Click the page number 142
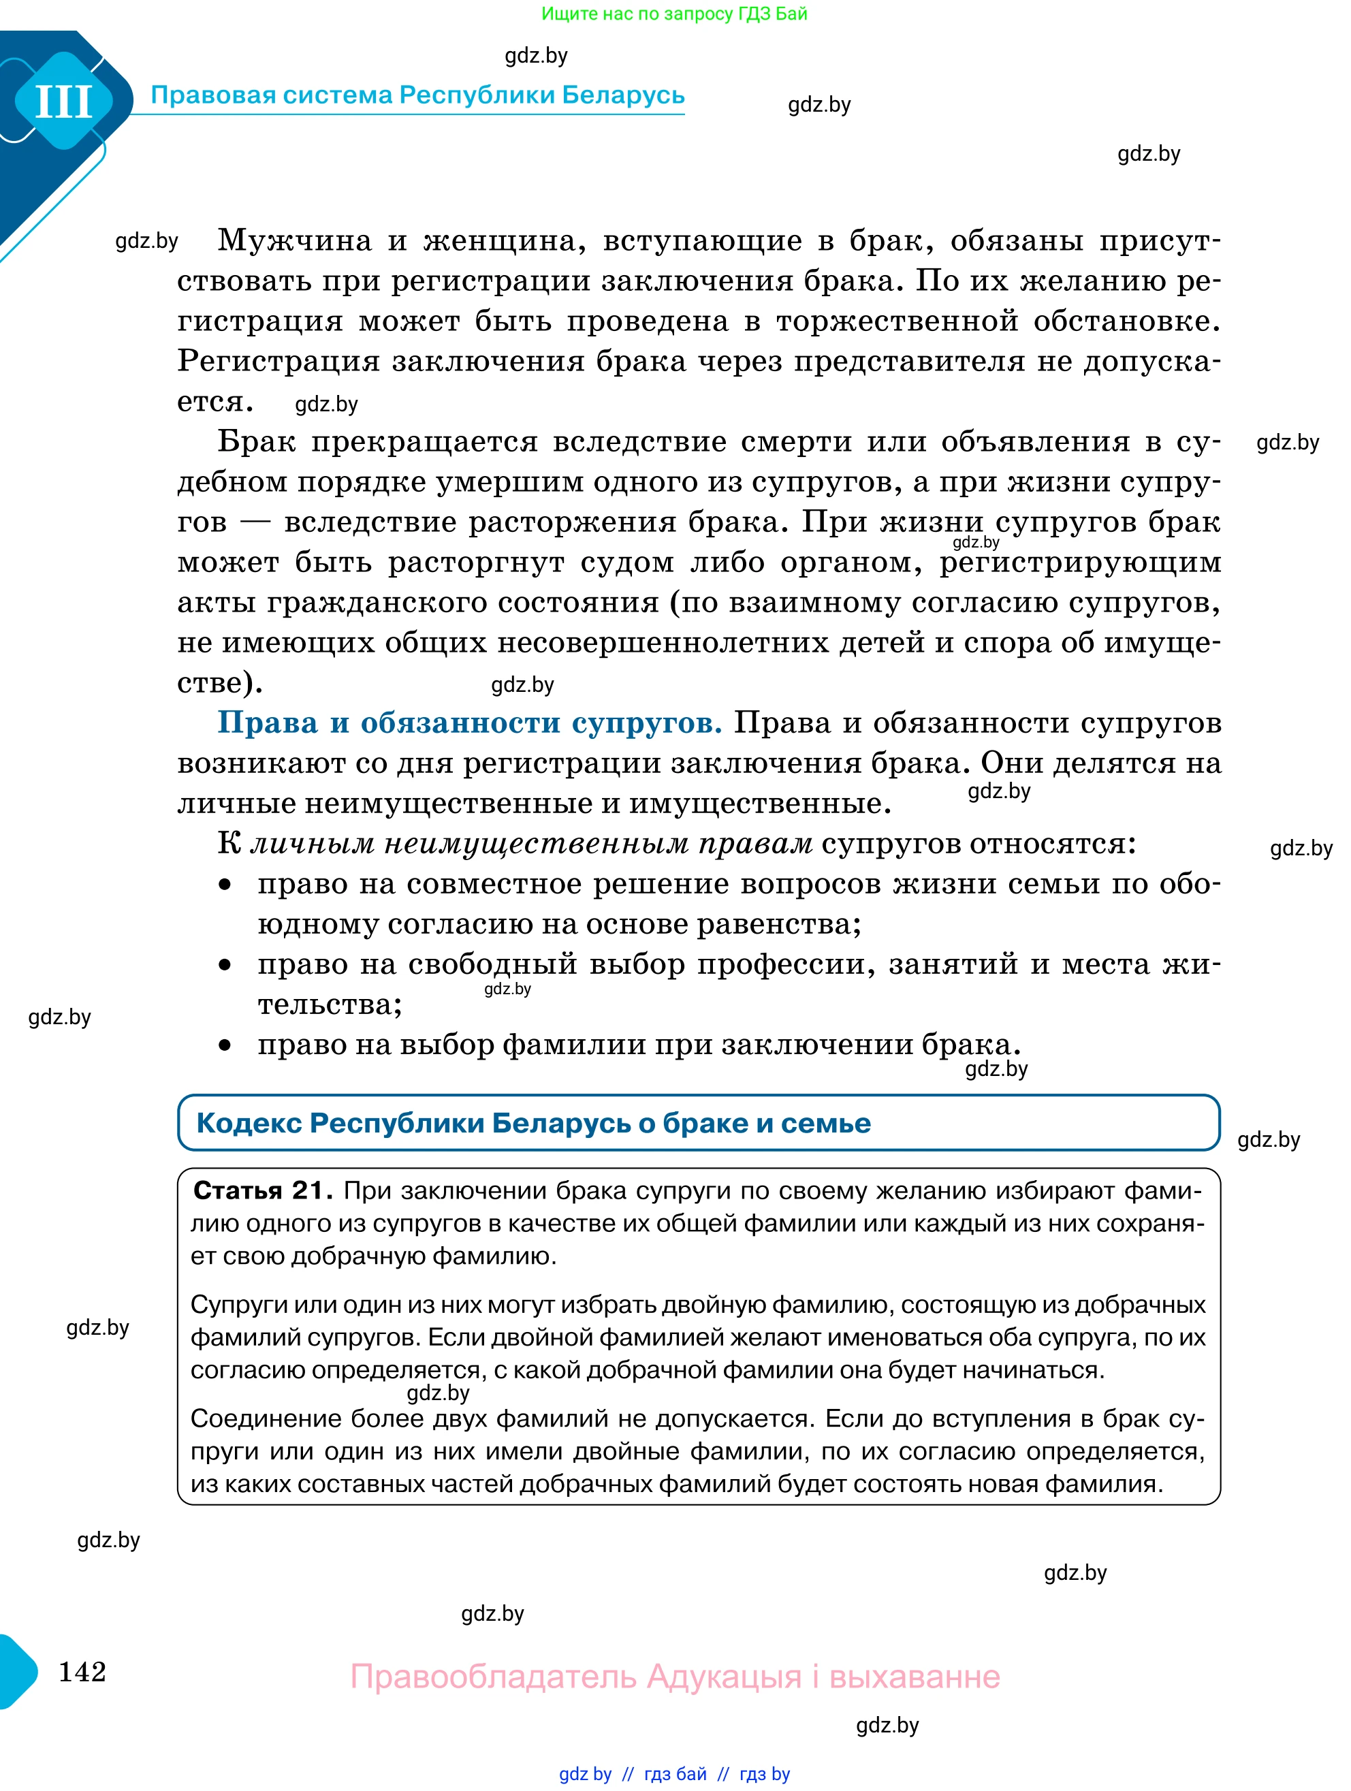pos(82,1671)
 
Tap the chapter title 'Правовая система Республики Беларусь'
pos(417,95)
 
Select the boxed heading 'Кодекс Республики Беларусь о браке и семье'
pos(533,1123)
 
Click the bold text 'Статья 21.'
pos(262,1191)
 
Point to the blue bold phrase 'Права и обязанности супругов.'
pos(469,723)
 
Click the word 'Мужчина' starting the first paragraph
pos(295,240)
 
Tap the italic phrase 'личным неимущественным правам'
pos(531,844)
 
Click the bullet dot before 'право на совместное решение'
pos(225,885)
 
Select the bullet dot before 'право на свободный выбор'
pos(225,965)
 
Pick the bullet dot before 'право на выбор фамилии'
pos(225,1045)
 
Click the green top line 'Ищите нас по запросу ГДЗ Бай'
pos(674,14)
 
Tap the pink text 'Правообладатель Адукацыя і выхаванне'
pos(675,1676)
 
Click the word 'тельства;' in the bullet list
pos(330,1005)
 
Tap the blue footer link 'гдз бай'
pos(675,1774)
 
